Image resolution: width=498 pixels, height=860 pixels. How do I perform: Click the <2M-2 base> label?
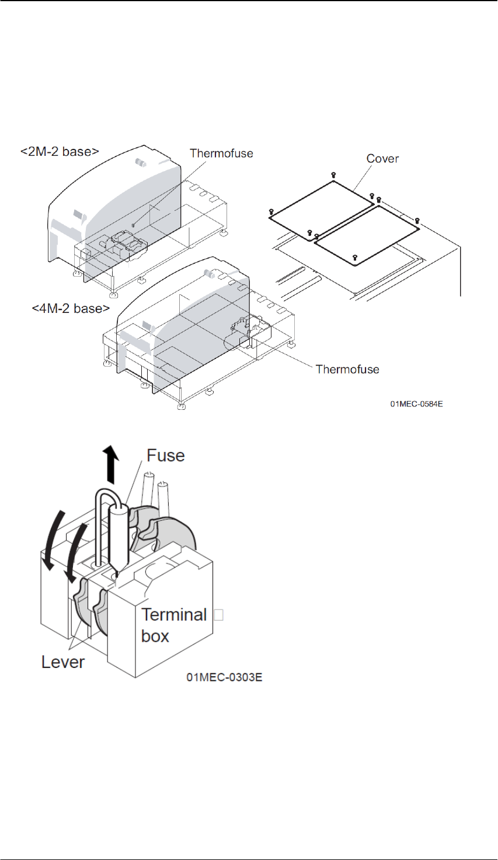(x=60, y=152)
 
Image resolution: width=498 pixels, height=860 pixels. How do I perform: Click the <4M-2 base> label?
(x=71, y=308)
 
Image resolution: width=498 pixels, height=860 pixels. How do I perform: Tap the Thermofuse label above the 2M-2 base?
(x=221, y=154)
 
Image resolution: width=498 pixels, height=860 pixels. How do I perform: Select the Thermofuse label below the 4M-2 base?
(x=347, y=369)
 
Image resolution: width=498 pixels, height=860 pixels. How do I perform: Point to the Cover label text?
(x=382, y=159)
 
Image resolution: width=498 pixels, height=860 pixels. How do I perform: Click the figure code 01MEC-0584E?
(x=416, y=403)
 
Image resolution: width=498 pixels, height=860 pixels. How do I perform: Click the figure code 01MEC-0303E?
(x=224, y=677)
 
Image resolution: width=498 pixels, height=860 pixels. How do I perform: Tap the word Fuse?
(x=165, y=455)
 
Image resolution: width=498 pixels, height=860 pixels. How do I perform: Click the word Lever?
(x=62, y=662)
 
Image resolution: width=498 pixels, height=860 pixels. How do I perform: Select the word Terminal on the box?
(x=174, y=615)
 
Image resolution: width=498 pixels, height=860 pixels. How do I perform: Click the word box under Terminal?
(x=155, y=636)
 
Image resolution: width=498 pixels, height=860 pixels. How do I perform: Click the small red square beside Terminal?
(x=218, y=614)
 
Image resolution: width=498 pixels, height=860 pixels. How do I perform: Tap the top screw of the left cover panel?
(x=333, y=175)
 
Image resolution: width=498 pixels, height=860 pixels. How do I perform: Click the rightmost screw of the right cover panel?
(x=417, y=220)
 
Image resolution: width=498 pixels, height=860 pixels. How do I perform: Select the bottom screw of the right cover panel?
(x=355, y=257)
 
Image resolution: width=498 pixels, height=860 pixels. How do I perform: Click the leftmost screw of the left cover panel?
(x=272, y=211)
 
